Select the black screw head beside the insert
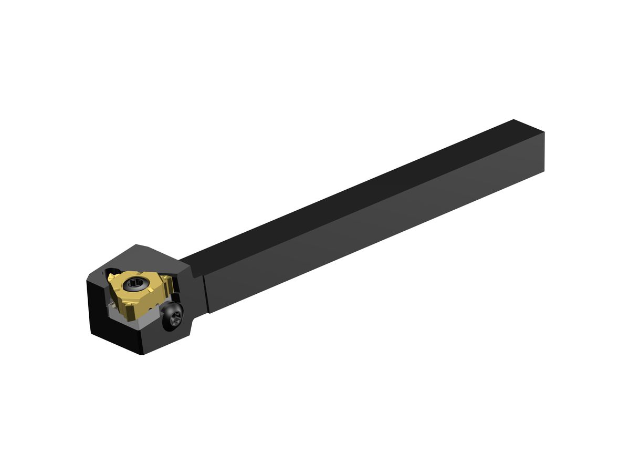point(174,316)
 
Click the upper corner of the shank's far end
point(513,120)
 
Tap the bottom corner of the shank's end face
point(544,171)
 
